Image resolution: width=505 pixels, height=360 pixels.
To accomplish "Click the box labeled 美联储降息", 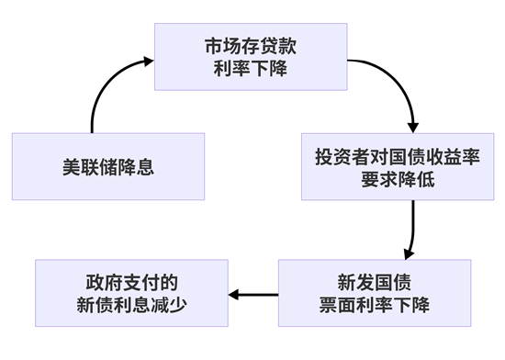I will [107, 166].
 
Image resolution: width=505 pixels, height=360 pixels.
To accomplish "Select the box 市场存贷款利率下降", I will [251, 57].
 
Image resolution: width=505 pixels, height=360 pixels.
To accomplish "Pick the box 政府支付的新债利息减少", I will [132, 293].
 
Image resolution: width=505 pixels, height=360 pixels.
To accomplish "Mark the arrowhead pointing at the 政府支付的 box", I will [235, 294].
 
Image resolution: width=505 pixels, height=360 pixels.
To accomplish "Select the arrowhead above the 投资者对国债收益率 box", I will [413, 125].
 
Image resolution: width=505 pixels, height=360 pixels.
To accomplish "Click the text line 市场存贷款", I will [251, 46].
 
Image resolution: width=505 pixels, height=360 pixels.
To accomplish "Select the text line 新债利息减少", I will [132, 305].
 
